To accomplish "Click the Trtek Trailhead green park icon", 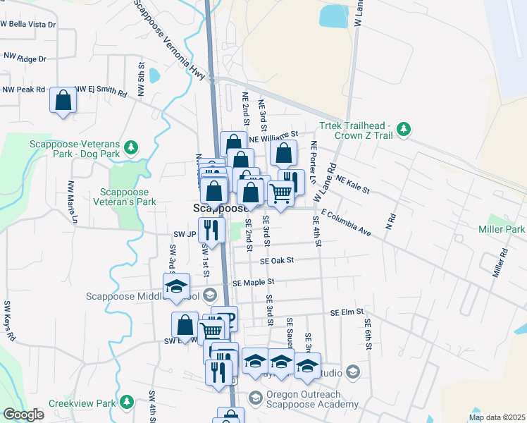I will tap(403, 129).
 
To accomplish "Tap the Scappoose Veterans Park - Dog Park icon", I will tap(130, 147).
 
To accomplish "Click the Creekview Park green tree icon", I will tap(126, 403).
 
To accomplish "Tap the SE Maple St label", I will tap(253, 282).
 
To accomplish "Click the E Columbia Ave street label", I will tap(345, 222).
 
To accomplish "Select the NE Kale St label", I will tap(353, 184).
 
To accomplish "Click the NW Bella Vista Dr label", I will tap(28, 24).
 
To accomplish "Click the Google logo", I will tap(23, 415).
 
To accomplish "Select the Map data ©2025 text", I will tap(497, 417).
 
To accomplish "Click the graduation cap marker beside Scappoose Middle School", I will tap(176, 286).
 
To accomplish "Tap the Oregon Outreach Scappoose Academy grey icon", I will tap(254, 399).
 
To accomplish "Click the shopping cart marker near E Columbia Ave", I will tap(280, 192).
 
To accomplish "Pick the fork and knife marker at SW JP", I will tap(211, 229).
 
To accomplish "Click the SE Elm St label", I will tap(347, 312).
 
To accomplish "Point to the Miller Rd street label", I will tap(500, 262).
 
